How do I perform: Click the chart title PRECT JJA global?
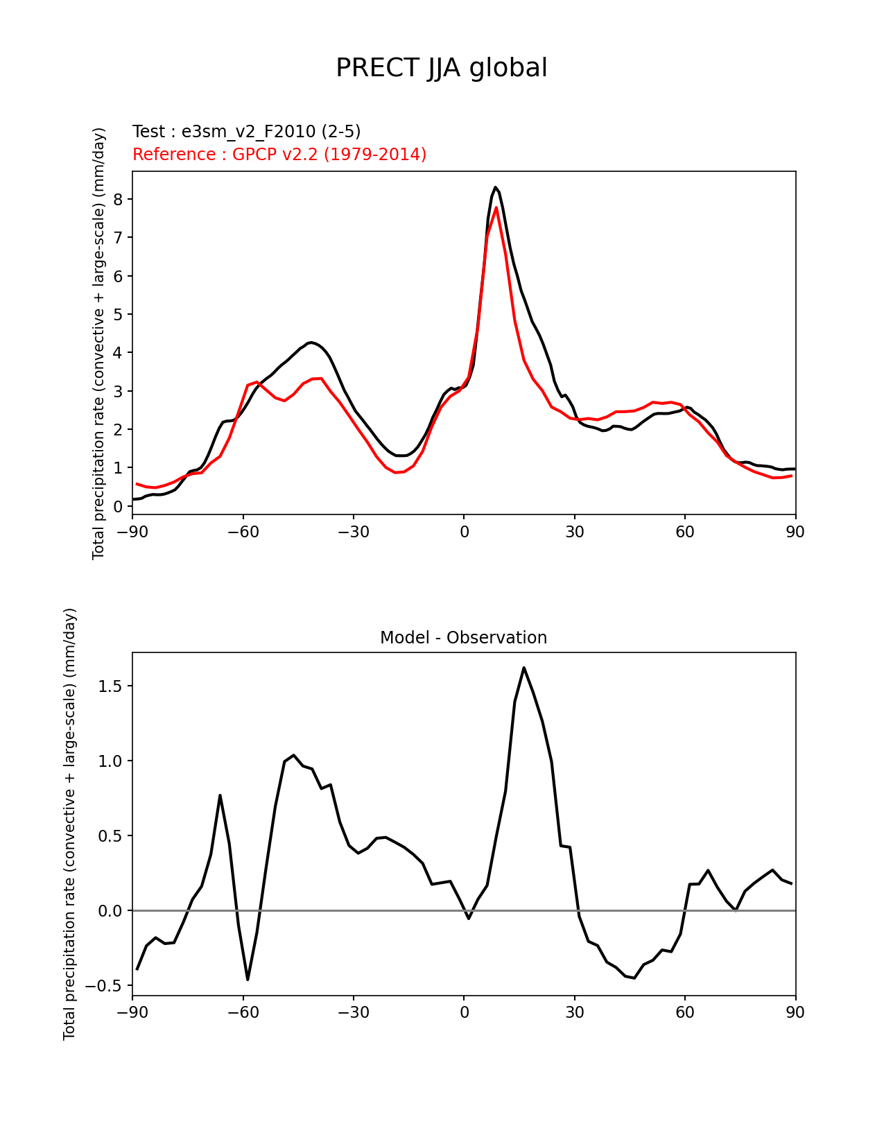[x=442, y=69]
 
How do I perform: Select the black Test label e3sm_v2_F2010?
[x=246, y=132]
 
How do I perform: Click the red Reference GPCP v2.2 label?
[x=279, y=155]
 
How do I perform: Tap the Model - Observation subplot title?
[x=463, y=638]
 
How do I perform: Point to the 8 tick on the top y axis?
[x=118, y=200]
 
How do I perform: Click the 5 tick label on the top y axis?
[x=118, y=315]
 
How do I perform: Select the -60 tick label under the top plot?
[x=243, y=532]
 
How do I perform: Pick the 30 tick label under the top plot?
[x=574, y=532]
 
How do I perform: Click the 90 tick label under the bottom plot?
[x=795, y=1013]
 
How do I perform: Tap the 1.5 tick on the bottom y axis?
[x=110, y=686]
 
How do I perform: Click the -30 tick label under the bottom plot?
[x=353, y=1013]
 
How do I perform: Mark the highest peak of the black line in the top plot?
[x=495, y=187]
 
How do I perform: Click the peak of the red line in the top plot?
[x=496, y=207]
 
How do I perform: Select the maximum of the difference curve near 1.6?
[x=523, y=668]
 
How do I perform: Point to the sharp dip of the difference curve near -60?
[x=248, y=979]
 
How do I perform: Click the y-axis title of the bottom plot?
[x=69, y=824]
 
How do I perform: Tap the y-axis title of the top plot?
[x=98, y=343]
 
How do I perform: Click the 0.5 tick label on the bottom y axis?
[x=110, y=836]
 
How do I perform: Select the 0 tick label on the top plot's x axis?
[x=464, y=532]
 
